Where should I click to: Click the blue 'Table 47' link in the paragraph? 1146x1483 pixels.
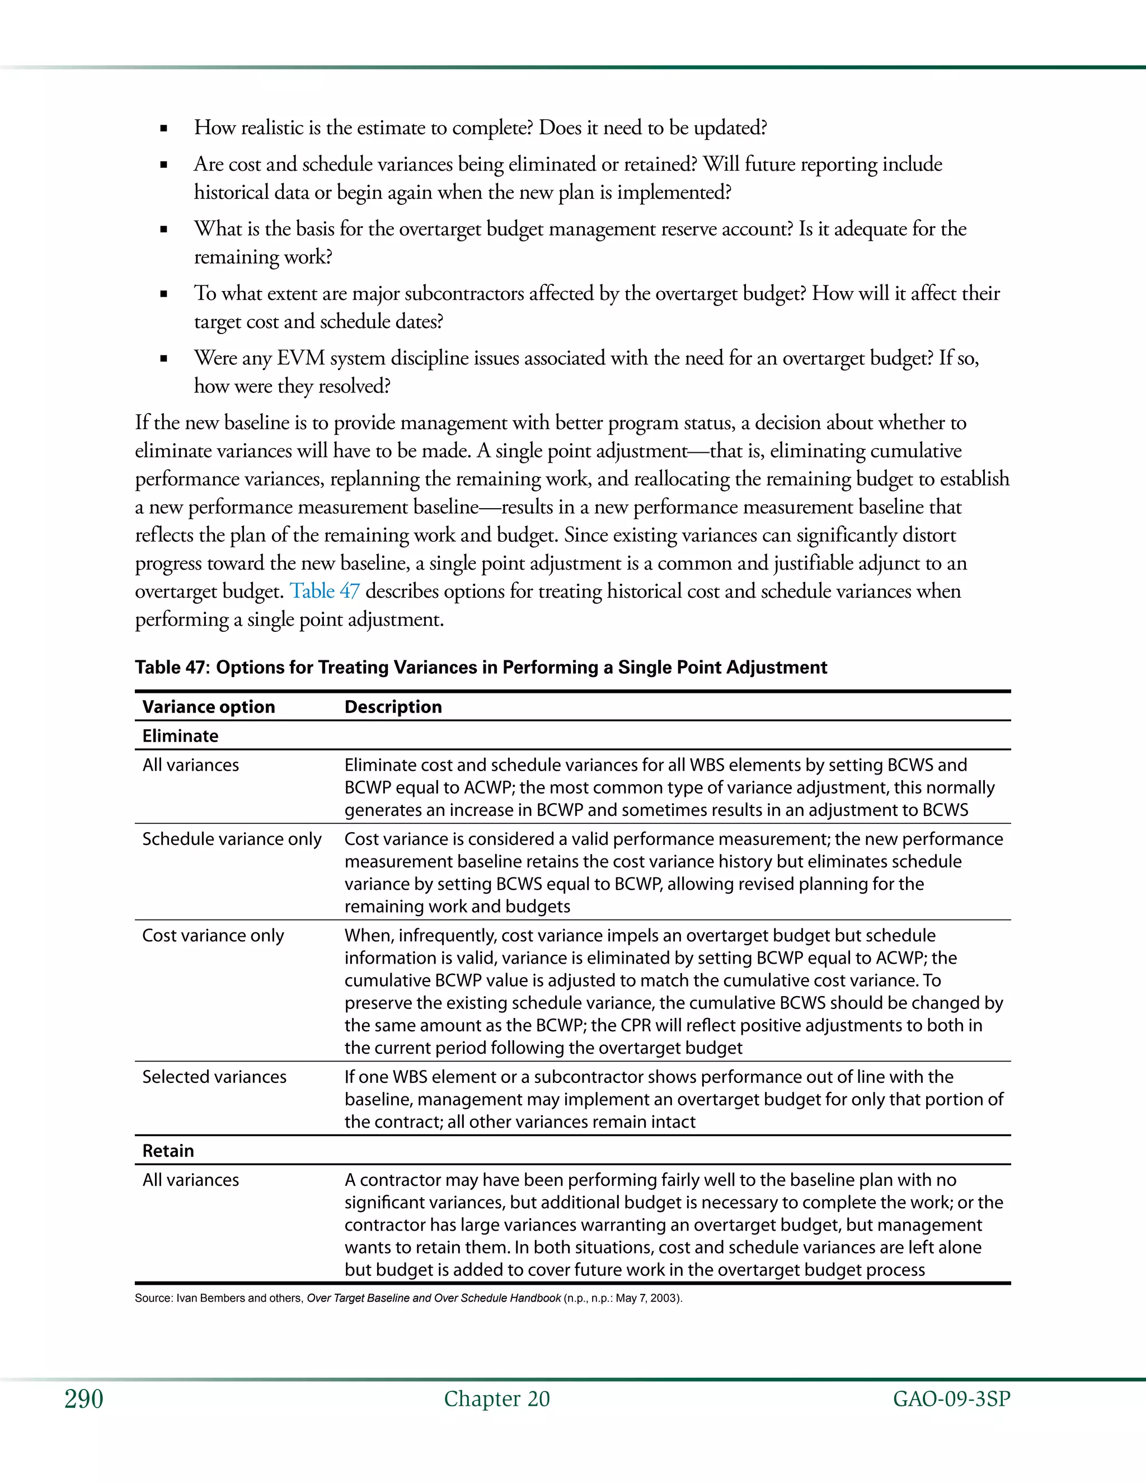click(x=325, y=591)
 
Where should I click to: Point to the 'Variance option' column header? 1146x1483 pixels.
click(x=208, y=707)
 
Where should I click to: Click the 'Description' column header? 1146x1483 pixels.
click(x=393, y=707)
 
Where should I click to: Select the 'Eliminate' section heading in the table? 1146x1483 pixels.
click(x=180, y=736)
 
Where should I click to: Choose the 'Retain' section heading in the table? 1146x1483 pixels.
click(x=168, y=1151)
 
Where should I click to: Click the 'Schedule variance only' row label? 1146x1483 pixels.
click(x=232, y=839)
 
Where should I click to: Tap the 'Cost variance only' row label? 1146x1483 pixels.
click(x=213, y=936)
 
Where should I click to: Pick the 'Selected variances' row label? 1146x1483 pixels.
click(x=214, y=1077)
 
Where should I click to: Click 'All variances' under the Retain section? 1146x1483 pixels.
click(x=190, y=1180)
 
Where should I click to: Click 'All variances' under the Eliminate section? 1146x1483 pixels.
click(x=190, y=765)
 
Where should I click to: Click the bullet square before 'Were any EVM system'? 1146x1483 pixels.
click(x=163, y=359)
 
